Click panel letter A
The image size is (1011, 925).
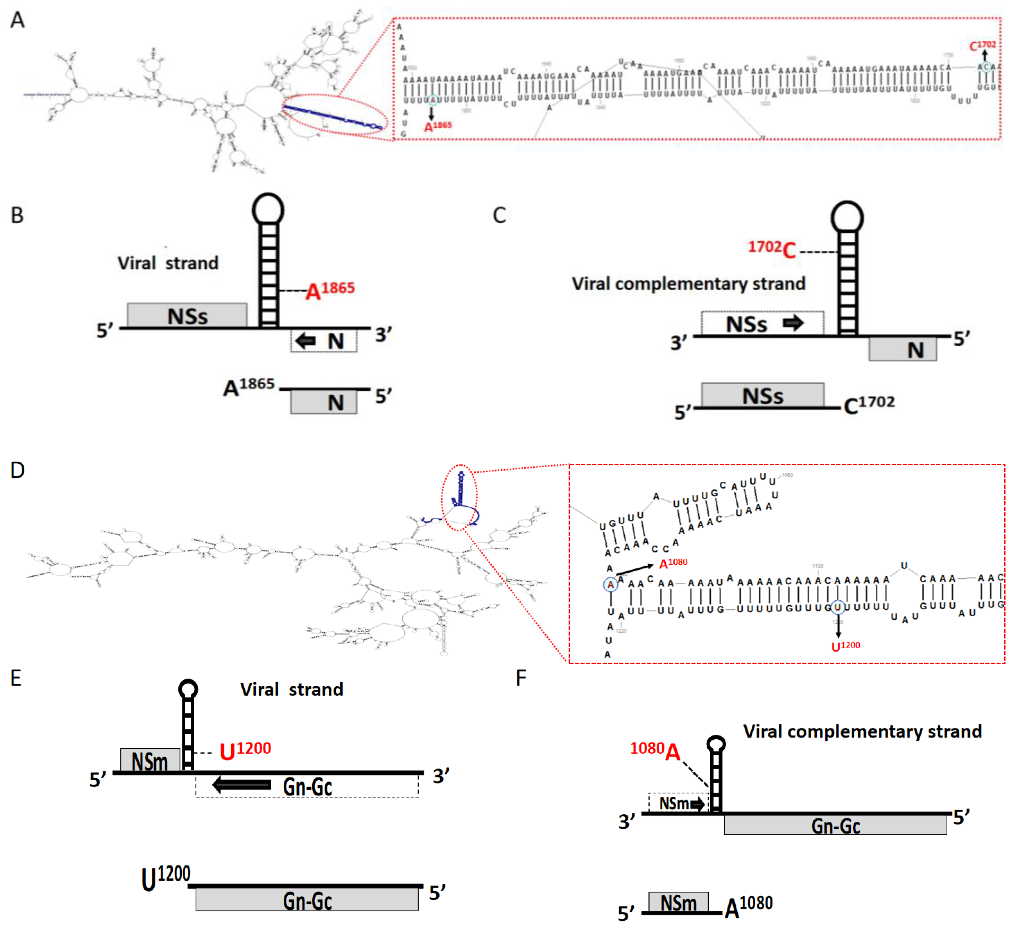coord(17,20)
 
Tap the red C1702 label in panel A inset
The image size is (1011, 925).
coord(982,46)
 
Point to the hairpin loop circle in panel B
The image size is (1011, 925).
coord(268,209)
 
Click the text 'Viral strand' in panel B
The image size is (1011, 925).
coord(168,263)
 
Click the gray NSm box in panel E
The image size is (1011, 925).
coord(150,760)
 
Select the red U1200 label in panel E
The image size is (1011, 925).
coord(245,750)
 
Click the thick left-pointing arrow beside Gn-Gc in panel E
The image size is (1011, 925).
coord(242,784)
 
